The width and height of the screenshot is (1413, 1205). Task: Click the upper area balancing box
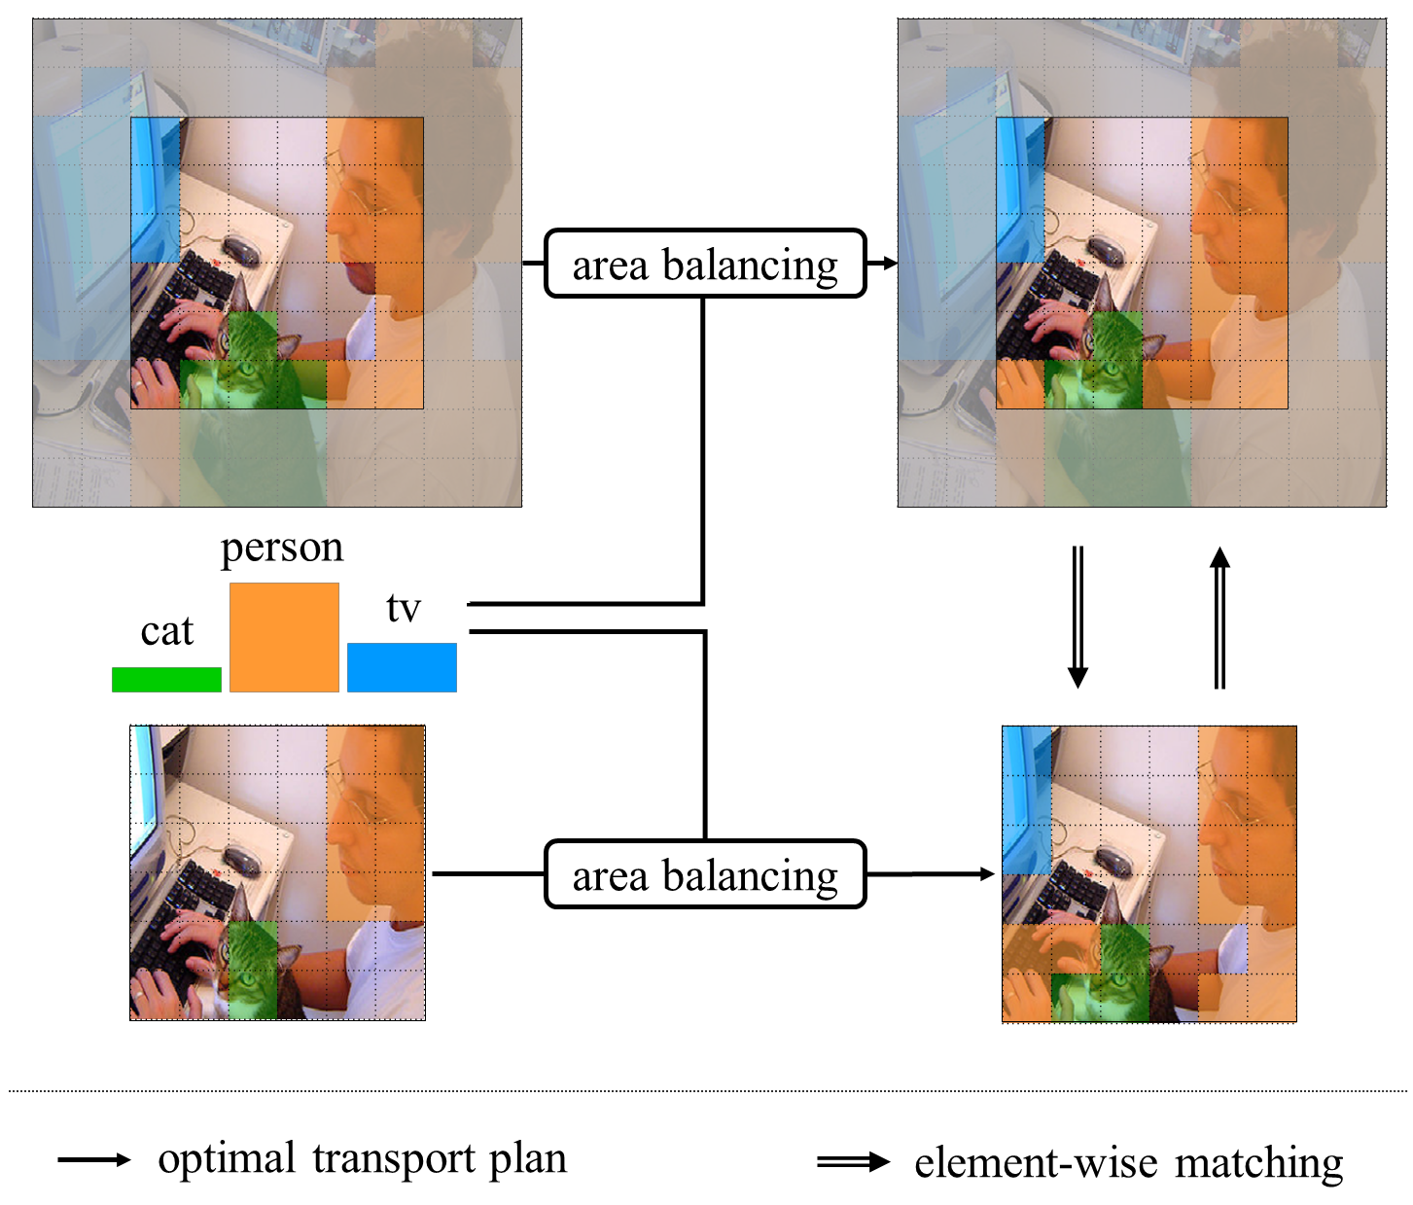pyautogui.click(x=704, y=264)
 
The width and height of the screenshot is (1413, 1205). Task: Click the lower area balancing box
pyautogui.click(x=704, y=874)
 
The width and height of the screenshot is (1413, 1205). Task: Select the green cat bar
pyautogui.click(x=166, y=679)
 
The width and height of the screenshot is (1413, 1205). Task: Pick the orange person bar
pyautogui.click(x=284, y=637)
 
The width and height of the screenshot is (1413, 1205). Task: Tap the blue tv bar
pyautogui.click(x=402, y=667)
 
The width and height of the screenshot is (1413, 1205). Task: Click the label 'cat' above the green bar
pyautogui.click(x=167, y=632)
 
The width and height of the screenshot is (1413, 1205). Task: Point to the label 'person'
pyautogui.click(x=282, y=548)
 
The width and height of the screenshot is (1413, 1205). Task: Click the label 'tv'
pyautogui.click(x=403, y=609)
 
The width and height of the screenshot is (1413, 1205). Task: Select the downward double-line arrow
pyautogui.click(x=1077, y=618)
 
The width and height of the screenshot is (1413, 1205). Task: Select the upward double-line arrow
pyautogui.click(x=1219, y=618)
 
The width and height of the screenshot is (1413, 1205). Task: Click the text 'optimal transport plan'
pyautogui.click(x=362, y=1159)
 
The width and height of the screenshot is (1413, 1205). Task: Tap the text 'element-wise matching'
pyautogui.click(x=1128, y=1163)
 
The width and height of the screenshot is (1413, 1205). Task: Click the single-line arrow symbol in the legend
pyautogui.click(x=93, y=1159)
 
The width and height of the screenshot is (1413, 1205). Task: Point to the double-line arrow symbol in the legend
pyautogui.click(x=853, y=1162)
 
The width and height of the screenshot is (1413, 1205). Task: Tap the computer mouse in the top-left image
pyautogui.click(x=242, y=250)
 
